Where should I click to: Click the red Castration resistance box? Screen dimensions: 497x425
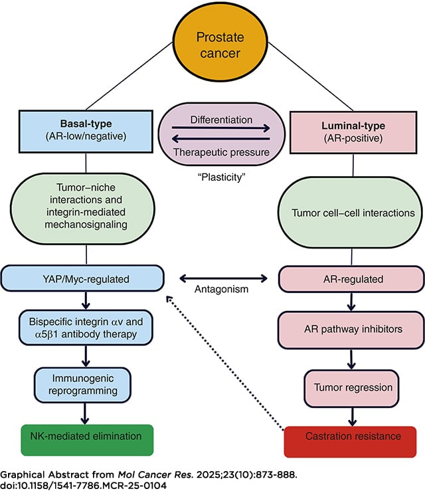point(343,437)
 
